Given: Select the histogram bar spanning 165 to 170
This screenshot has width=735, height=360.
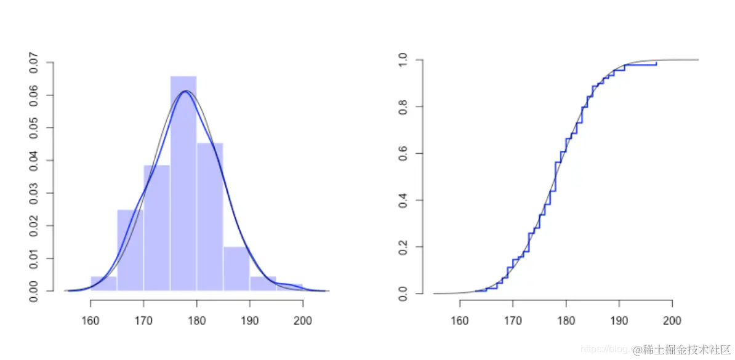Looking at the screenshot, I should (x=130, y=250).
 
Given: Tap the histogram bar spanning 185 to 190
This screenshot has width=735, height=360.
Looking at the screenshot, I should (x=236, y=268).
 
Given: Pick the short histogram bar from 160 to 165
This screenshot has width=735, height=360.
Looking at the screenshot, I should (x=103, y=284).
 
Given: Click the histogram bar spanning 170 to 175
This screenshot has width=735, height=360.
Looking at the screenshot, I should (x=156, y=228).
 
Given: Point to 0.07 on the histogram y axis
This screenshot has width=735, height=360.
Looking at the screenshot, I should (x=33, y=63).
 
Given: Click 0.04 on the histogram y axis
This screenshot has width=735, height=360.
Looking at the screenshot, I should (x=33, y=161).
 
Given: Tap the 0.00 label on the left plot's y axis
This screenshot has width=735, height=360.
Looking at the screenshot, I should (x=33, y=290).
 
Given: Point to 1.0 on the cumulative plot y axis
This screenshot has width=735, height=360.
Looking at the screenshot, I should (x=403, y=60).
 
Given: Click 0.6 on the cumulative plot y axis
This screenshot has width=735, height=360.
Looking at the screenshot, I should (x=403, y=153).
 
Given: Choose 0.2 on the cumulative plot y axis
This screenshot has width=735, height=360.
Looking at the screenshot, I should (x=403, y=247).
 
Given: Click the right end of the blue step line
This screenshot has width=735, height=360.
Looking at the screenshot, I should (x=656, y=63).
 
